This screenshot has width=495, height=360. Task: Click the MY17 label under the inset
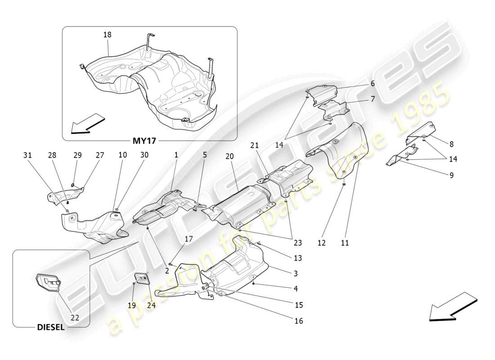[x=144, y=141]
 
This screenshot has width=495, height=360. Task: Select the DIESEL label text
[x=50, y=328]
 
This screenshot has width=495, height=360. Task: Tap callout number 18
[x=107, y=35]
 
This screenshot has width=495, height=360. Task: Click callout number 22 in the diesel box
[x=75, y=317]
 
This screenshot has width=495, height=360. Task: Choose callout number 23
[x=297, y=243]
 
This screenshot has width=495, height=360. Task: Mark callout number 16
[x=299, y=321]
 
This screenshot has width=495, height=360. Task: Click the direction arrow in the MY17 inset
[x=88, y=124]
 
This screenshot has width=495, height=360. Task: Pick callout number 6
[x=373, y=84]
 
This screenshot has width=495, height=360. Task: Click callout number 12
[x=321, y=243]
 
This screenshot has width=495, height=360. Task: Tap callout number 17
[x=189, y=239]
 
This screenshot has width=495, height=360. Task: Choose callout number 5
[x=204, y=155]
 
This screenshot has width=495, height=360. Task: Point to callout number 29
[x=77, y=155]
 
